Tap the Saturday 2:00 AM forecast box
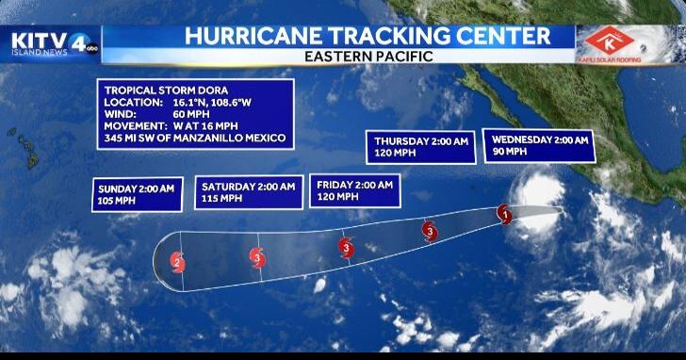(248, 192)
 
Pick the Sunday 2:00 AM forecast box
(137, 194)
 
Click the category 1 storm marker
(504, 214)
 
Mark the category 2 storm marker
(177, 262)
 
